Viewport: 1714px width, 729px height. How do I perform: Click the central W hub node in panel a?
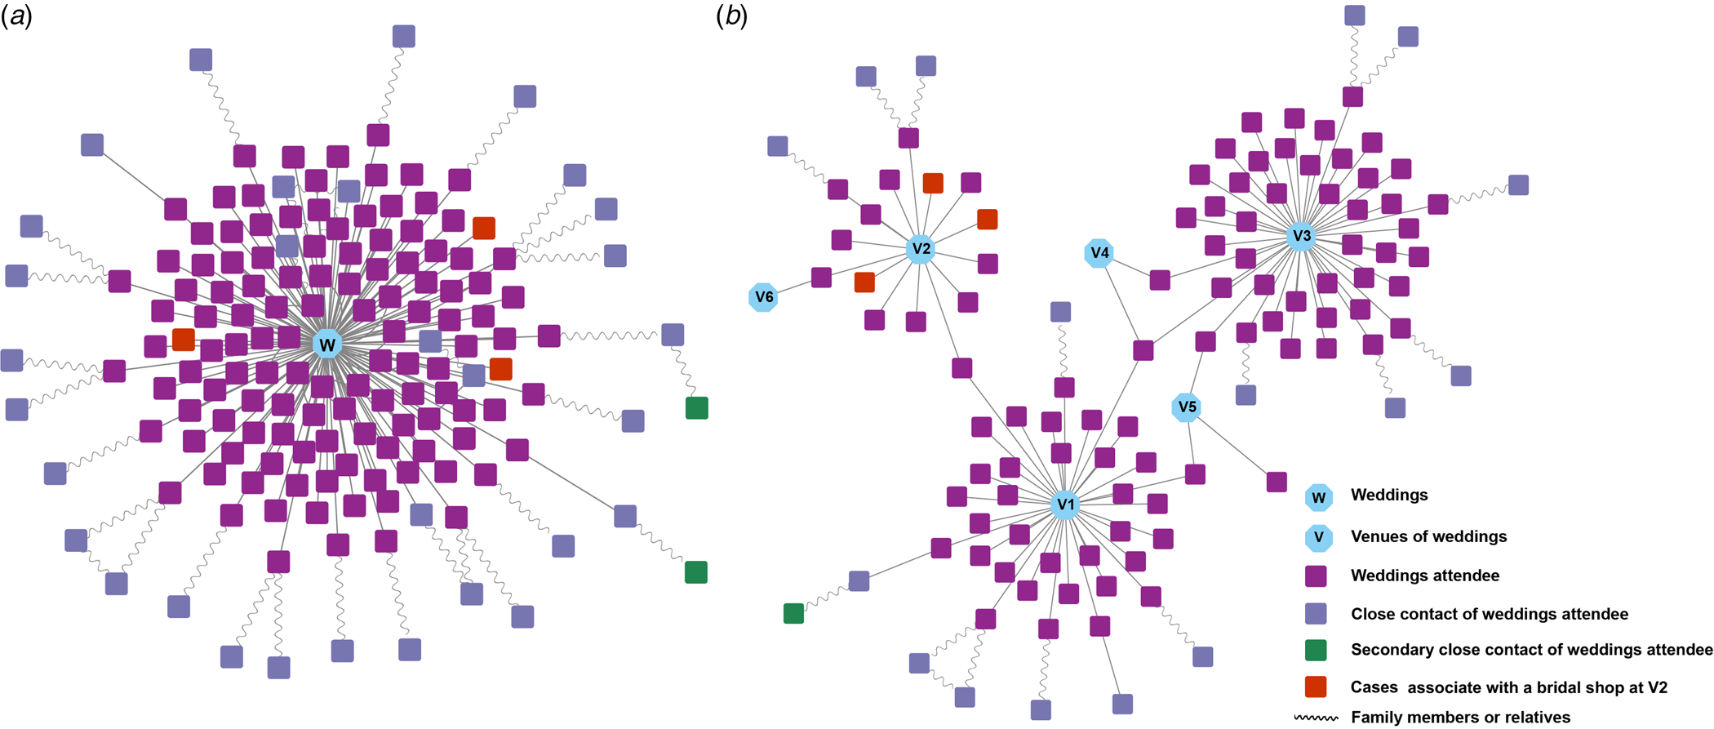327,344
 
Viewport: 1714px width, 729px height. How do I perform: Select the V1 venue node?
1066,505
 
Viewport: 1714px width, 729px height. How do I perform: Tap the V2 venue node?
921,249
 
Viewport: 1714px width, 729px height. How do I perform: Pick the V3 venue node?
1302,236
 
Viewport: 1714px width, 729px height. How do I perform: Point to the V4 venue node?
1099,253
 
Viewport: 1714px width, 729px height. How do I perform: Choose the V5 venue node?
1187,407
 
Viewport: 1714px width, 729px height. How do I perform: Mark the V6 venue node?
764,297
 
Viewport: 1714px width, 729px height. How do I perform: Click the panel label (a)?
16,16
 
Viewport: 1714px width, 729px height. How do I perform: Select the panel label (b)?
731,16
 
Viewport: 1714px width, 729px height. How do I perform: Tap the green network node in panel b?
793,613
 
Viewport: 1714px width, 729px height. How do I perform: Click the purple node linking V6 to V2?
821,278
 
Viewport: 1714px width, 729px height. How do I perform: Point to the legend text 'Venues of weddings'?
1428,536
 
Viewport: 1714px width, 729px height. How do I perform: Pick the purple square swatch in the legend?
1316,576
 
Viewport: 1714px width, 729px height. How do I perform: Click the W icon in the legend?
1318,497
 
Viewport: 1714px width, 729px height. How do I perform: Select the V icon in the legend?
1318,537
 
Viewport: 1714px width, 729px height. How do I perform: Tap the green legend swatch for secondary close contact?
1316,650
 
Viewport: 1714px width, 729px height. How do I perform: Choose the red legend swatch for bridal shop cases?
1316,687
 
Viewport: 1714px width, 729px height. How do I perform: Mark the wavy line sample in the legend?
1316,718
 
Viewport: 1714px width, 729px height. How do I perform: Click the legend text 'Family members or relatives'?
1460,718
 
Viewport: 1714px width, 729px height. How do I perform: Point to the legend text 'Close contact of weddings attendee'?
1489,614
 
